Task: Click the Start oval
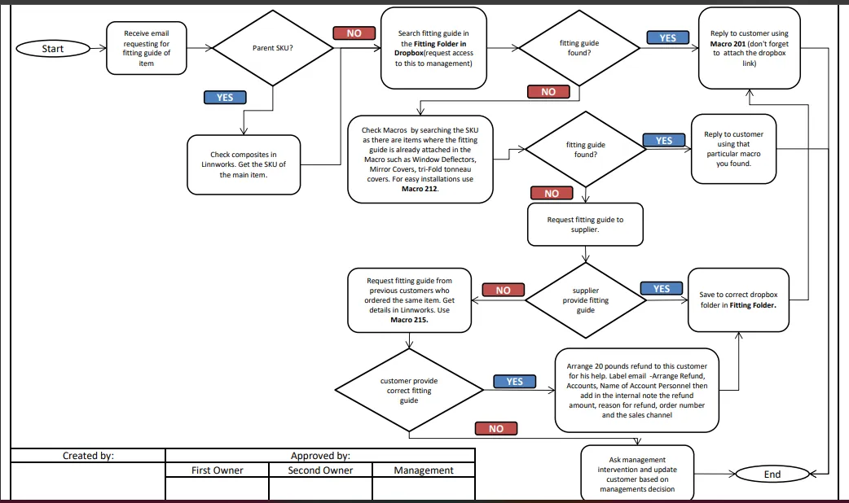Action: click(x=53, y=49)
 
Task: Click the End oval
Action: click(x=772, y=475)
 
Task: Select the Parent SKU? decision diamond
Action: click(x=272, y=48)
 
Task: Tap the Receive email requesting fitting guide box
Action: click(x=146, y=48)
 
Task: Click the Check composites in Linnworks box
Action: click(x=244, y=164)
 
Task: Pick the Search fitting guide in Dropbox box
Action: click(x=433, y=48)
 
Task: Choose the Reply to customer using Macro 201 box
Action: click(x=750, y=48)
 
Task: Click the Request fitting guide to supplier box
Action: click(x=585, y=225)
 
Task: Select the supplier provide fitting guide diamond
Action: click(x=585, y=300)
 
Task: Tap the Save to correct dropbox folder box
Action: click(x=738, y=300)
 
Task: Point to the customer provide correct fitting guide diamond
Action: click(x=409, y=390)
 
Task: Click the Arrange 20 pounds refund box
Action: click(x=637, y=390)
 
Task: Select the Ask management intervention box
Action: click(x=637, y=474)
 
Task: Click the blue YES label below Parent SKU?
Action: click(x=225, y=98)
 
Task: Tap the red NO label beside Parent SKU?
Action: click(x=354, y=33)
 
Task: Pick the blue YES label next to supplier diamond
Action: click(x=662, y=288)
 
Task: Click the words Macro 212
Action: click(x=420, y=189)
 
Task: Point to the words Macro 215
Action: click(x=409, y=320)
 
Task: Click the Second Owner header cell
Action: click(x=320, y=470)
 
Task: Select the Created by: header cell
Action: click(x=88, y=456)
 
